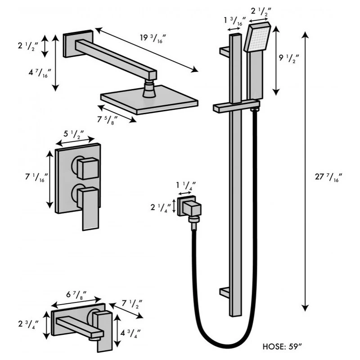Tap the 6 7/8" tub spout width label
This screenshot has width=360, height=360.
point(75,295)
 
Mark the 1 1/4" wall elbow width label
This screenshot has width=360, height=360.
point(185,185)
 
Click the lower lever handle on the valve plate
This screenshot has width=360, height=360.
point(89,207)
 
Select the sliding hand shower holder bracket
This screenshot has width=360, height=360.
point(236,107)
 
